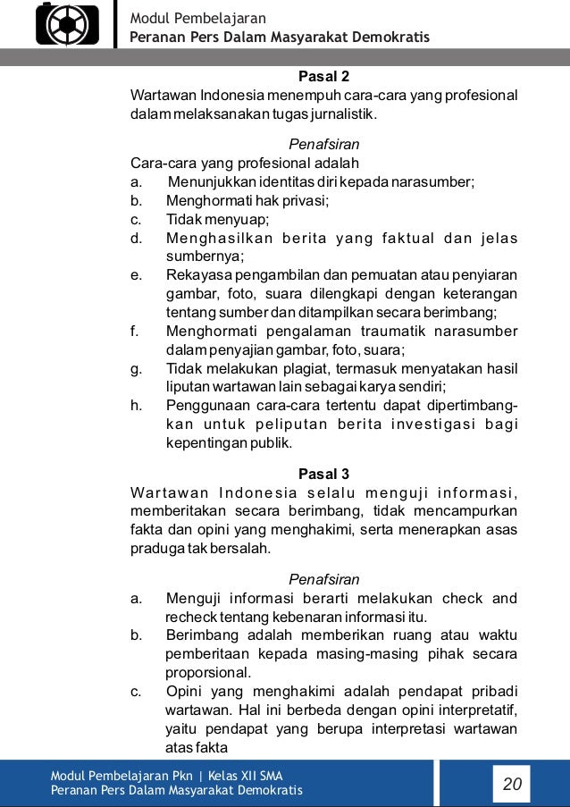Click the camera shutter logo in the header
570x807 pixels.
point(68,24)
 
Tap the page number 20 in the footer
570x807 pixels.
point(513,785)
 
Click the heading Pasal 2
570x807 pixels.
point(323,76)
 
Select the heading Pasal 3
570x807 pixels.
point(323,474)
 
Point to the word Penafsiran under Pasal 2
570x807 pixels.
point(324,144)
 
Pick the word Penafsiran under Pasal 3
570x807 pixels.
point(324,579)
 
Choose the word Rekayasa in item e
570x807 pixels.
point(194,274)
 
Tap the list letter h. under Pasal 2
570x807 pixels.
point(137,405)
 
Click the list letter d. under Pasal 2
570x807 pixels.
point(137,239)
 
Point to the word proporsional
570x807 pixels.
point(208,673)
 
